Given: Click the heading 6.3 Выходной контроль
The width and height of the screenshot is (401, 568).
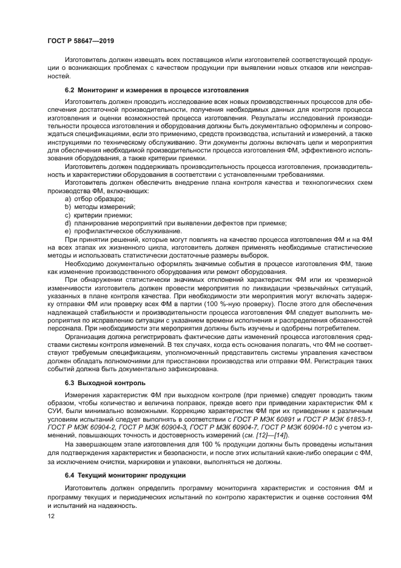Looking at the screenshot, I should pos(105,383).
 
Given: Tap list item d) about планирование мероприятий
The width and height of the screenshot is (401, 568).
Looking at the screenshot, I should pos(158,223).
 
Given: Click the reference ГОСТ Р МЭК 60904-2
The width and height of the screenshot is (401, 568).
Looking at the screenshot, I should pos(79,428).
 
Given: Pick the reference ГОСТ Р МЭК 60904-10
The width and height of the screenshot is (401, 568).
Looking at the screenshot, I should pos(310,428).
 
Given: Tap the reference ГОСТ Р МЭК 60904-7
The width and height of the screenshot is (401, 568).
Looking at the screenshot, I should pos(234,428).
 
